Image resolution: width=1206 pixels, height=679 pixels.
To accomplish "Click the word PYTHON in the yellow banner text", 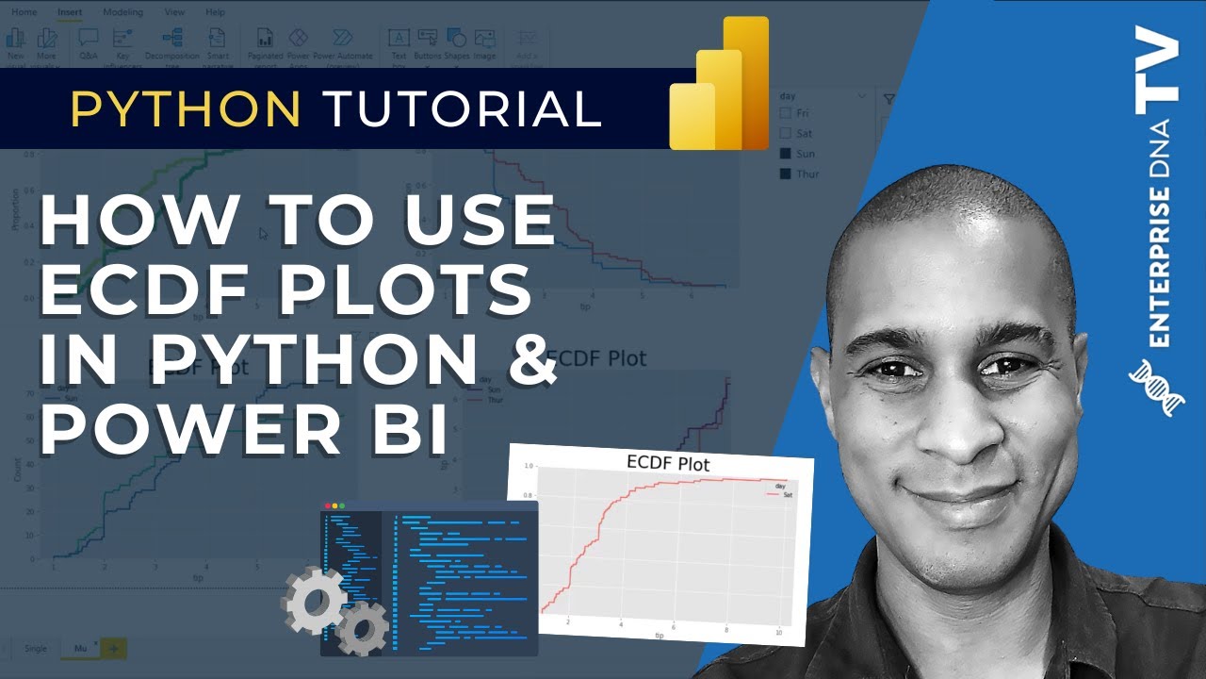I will pyautogui.click(x=186, y=110).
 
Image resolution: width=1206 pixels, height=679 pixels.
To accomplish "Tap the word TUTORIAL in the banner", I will pyautogui.click(x=463, y=110).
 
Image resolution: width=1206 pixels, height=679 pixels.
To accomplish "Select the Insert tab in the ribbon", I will pyautogui.click(x=70, y=12).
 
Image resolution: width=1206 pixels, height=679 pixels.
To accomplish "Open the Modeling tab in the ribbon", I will pyautogui.click(x=123, y=12).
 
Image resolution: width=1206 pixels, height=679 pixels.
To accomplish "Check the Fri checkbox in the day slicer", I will pyautogui.click(x=786, y=113).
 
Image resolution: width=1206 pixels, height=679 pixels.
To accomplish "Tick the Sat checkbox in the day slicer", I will pyautogui.click(x=786, y=134).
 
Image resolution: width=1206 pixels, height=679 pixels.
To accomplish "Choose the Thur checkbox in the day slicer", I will pyautogui.click(x=786, y=174).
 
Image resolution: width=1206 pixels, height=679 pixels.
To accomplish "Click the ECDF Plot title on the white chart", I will pyautogui.click(x=668, y=464).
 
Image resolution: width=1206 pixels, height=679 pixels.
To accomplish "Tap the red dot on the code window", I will pyautogui.click(x=327, y=506).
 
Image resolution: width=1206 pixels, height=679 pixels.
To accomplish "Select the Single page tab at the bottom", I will pyautogui.click(x=35, y=648).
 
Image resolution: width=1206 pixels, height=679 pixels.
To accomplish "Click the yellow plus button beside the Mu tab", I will pyautogui.click(x=113, y=648).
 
